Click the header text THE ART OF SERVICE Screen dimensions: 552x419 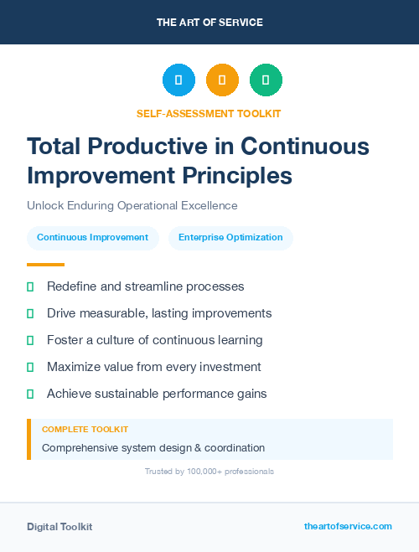click(x=209, y=23)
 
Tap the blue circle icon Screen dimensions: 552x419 click(x=178, y=80)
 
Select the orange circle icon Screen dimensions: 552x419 click(x=222, y=80)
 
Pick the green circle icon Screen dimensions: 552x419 click(x=266, y=80)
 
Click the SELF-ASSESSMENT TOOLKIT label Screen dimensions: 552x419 click(x=209, y=113)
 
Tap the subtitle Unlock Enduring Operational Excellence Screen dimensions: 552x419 click(x=132, y=205)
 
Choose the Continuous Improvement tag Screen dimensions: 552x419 click(x=92, y=238)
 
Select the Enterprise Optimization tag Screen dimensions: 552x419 click(x=230, y=238)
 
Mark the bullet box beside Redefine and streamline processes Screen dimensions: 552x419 click(x=30, y=286)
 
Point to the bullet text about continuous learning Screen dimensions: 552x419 click(x=154, y=340)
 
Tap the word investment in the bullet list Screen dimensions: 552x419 click(x=230, y=367)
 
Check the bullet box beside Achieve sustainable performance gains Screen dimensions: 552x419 click(x=30, y=394)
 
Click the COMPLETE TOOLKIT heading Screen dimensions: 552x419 click(x=85, y=429)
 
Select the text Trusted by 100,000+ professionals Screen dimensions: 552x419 click(x=209, y=472)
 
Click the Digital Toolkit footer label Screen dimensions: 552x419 click(x=59, y=527)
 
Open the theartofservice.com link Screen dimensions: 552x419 click(x=348, y=526)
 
